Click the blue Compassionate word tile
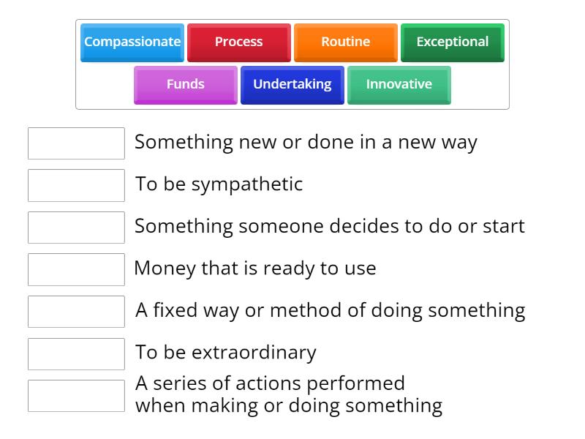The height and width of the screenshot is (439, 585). point(132,42)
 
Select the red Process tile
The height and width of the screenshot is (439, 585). point(238,42)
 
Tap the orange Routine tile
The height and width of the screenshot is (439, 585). point(345,42)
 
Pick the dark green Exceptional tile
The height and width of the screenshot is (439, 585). point(452,42)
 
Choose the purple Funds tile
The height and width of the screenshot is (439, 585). point(185,85)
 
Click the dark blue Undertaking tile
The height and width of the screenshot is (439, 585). point(292,85)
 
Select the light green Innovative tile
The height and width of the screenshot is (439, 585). point(399,85)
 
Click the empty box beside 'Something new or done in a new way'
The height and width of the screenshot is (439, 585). point(76,143)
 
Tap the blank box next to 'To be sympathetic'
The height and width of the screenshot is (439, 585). point(76,185)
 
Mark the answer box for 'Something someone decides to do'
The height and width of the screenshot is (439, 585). point(76,228)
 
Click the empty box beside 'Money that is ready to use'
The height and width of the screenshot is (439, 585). point(76,269)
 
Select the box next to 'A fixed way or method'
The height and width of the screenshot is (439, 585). point(76,312)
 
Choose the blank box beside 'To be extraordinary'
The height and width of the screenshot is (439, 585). point(76,353)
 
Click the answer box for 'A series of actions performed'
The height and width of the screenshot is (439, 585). point(76,396)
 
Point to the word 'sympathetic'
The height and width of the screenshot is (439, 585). point(247,184)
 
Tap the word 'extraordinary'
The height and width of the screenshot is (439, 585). point(254,353)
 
